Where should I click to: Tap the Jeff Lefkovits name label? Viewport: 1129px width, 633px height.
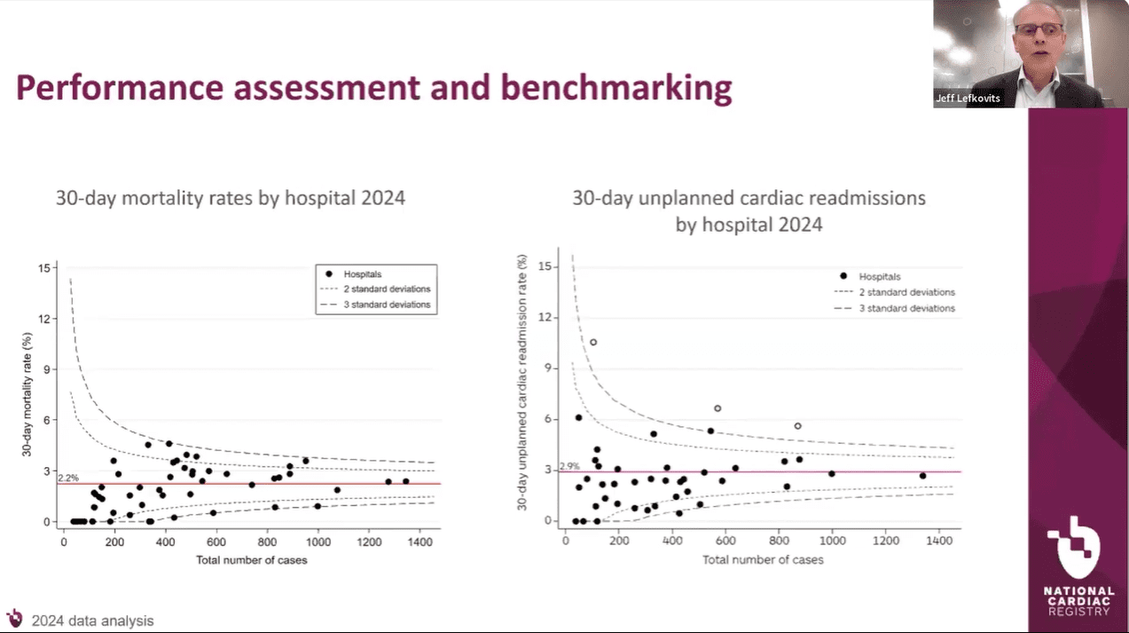[968, 99]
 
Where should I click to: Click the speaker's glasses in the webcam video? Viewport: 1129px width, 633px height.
[1039, 29]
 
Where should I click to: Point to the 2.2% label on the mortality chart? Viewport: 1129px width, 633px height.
[67, 478]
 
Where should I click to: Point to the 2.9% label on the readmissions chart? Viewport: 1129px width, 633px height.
[569, 465]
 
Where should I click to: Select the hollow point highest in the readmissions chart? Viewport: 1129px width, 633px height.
[593, 342]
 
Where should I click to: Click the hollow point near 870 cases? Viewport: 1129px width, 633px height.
[797, 426]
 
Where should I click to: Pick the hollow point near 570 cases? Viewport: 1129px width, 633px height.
[717, 408]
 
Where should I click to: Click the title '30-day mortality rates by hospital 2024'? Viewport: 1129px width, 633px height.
[231, 198]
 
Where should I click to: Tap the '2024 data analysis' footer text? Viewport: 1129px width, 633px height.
[92, 621]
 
